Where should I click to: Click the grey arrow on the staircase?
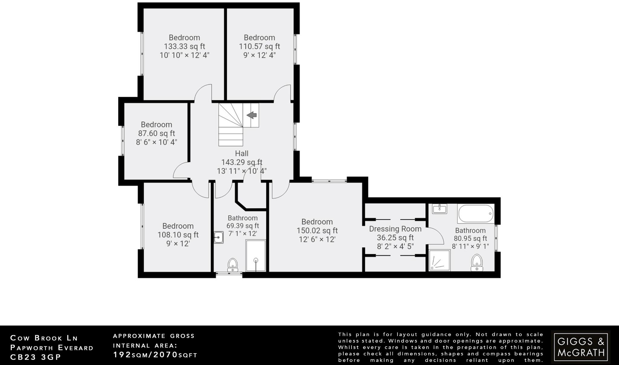(x=251, y=115)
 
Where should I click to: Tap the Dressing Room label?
(x=395, y=229)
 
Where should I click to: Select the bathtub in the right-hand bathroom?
(x=476, y=214)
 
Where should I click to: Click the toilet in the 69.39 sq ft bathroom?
(x=233, y=264)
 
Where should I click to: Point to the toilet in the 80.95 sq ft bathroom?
(x=477, y=262)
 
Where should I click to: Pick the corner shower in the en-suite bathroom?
(x=439, y=260)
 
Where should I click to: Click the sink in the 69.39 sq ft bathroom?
(x=219, y=237)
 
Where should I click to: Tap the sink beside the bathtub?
(x=439, y=208)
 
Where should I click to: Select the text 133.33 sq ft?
(x=184, y=47)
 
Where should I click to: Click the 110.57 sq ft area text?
(x=259, y=47)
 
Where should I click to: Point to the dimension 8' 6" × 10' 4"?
(x=156, y=142)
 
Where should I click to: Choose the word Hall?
(x=241, y=153)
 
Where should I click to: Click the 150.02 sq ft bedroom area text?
(x=317, y=231)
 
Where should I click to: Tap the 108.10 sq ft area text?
(x=178, y=235)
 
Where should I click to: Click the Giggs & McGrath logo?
(x=581, y=347)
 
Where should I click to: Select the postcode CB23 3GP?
(x=36, y=357)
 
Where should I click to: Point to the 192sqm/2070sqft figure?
(x=155, y=355)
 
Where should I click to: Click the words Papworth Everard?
(x=52, y=347)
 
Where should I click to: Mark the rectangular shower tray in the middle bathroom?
(x=256, y=256)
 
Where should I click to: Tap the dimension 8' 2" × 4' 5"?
(x=395, y=247)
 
